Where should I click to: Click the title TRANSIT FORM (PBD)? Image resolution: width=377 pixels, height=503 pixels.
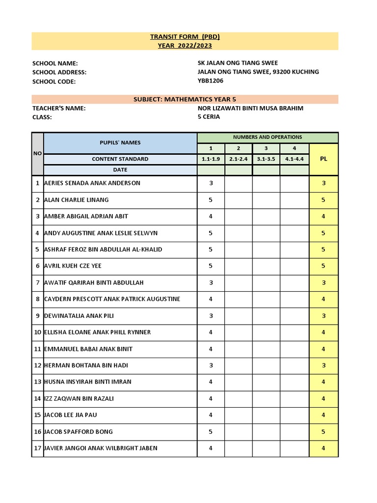click(185, 37)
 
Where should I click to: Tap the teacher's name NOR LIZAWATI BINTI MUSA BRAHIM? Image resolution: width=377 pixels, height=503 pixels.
click(250, 108)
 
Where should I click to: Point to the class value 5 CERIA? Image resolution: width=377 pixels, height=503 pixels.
click(209, 117)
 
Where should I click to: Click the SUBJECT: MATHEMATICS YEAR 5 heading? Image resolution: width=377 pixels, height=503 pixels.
click(185, 99)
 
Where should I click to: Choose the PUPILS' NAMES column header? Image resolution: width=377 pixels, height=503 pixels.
click(120, 142)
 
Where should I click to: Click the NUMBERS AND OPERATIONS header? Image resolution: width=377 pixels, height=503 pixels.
click(268, 137)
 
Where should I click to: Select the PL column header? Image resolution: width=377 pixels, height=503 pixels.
click(323, 159)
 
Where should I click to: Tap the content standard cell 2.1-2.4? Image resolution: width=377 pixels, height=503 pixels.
click(239, 159)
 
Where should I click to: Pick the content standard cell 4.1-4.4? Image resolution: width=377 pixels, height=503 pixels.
click(295, 159)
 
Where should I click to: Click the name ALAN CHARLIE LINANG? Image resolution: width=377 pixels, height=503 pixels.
click(77, 200)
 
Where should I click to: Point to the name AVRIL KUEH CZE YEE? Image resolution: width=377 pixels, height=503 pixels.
click(73, 266)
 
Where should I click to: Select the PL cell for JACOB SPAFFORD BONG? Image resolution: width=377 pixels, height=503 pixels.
click(323, 432)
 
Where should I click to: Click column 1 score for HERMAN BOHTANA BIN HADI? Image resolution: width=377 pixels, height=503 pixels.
click(211, 365)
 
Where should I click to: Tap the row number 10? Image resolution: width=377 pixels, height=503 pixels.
click(37, 332)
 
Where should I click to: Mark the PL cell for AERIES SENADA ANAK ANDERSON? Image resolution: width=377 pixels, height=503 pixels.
click(323, 183)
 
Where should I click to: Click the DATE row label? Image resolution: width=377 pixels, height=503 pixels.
click(120, 170)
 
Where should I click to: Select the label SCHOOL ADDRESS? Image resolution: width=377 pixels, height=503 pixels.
click(59, 72)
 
